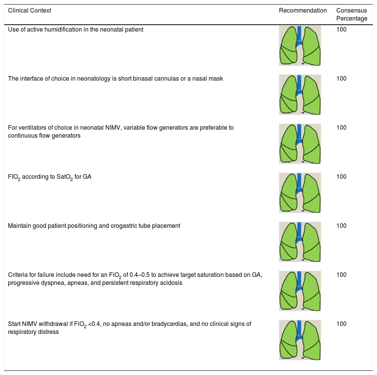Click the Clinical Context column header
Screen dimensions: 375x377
[x=29, y=11]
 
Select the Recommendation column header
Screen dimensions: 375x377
[x=303, y=11]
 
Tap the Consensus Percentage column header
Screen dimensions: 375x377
[x=352, y=14]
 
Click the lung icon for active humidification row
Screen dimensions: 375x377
[x=300, y=46]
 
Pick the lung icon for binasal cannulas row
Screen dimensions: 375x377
[x=300, y=94]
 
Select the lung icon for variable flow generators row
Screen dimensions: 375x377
[x=300, y=143]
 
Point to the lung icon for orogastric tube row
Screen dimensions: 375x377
[x=300, y=242]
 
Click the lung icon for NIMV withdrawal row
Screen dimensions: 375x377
[x=300, y=340]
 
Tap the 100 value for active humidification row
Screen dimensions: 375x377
[x=341, y=30]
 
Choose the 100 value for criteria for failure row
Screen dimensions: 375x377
[x=341, y=275]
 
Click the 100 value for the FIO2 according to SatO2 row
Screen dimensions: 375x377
[x=341, y=176]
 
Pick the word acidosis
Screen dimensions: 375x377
[x=171, y=283]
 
